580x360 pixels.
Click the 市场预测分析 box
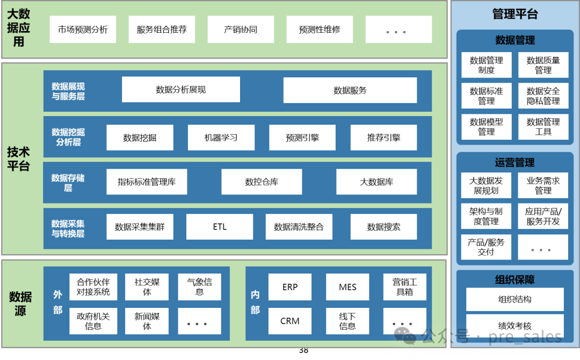[x=83, y=30]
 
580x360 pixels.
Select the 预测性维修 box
[x=320, y=30]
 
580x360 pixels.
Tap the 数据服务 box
[x=350, y=90]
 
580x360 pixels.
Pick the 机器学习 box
[x=221, y=138]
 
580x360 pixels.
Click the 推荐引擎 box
[x=383, y=138]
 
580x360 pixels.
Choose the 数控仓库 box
[x=262, y=182]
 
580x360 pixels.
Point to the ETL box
[x=220, y=227]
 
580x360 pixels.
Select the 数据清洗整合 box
[x=299, y=227]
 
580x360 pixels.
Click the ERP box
[x=290, y=287]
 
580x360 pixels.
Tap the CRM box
[x=290, y=321]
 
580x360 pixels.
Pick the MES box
[x=347, y=287]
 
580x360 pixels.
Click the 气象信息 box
[x=199, y=287]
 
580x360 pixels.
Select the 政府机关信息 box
[x=93, y=321]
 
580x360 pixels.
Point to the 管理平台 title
[x=514, y=15]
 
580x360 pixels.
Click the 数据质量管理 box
[x=543, y=65]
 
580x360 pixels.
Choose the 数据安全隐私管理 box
[x=543, y=96]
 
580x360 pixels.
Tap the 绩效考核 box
[x=514, y=326]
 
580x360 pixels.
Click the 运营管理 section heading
[x=514, y=162]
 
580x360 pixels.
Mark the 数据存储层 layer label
[x=68, y=183]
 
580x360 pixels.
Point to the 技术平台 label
[x=18, y=159]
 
